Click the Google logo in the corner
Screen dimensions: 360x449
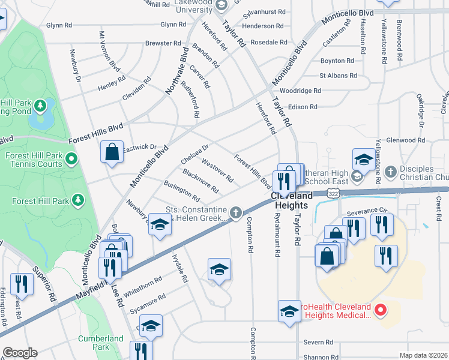[19, 353]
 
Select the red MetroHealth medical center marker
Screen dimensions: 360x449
[379, 310]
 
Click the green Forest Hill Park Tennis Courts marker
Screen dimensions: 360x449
[71, 159]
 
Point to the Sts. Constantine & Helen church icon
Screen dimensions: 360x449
[237, 212]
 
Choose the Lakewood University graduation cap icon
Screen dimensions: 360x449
[220, 5]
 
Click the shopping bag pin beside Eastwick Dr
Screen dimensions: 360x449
[112, 152]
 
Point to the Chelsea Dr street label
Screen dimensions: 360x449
[195, 154]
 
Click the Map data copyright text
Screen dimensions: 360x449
[423, 355]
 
